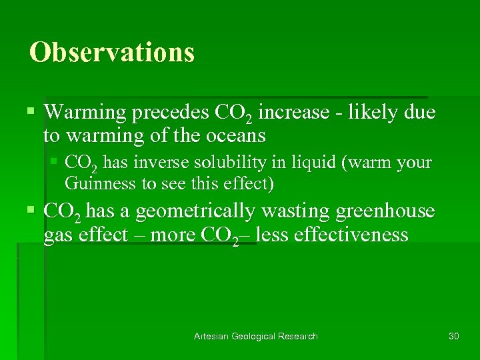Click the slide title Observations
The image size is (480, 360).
point(111,53)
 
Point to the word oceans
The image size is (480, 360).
point(235,136)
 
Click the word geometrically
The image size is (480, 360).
point(191,212)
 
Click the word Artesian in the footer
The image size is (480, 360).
point(211,336)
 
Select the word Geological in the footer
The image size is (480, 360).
point(256,336)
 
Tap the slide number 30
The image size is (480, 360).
point(454,336)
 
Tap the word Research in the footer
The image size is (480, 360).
point(301,336)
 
